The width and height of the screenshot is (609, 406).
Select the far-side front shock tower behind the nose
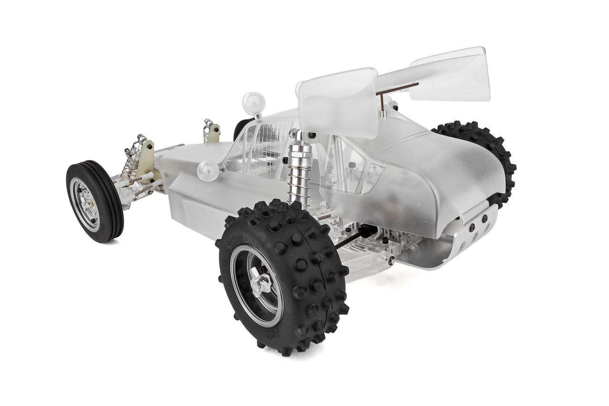212,131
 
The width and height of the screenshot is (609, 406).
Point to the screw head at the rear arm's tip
391,260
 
